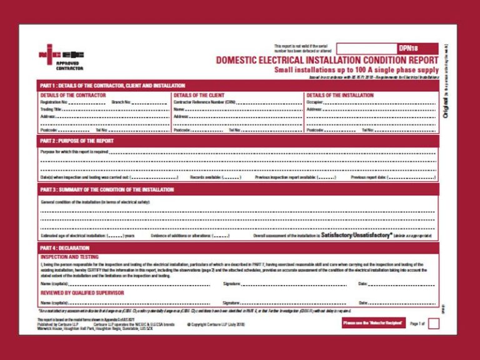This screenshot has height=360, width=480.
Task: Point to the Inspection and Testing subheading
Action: (69, 257)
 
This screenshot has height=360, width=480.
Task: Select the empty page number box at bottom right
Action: (433, 323)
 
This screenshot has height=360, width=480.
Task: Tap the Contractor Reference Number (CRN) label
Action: (204, 101)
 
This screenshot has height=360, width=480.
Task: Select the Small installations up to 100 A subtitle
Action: (356, 69)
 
